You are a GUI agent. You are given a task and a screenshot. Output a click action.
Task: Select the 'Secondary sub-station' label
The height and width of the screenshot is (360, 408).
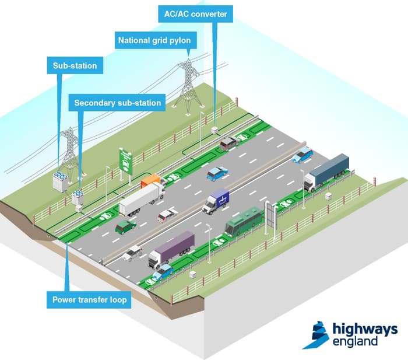tap(117, 103)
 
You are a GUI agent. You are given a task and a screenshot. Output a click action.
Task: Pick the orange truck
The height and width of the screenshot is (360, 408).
tap(151, 181)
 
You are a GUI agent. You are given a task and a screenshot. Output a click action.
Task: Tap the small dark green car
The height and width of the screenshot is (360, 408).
tap(125, 226)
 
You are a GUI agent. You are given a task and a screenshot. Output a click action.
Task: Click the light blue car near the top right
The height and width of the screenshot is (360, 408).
tap(303, 155)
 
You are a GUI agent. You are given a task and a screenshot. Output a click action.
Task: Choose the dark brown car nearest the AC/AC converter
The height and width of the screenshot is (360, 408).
tap(230, 143)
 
